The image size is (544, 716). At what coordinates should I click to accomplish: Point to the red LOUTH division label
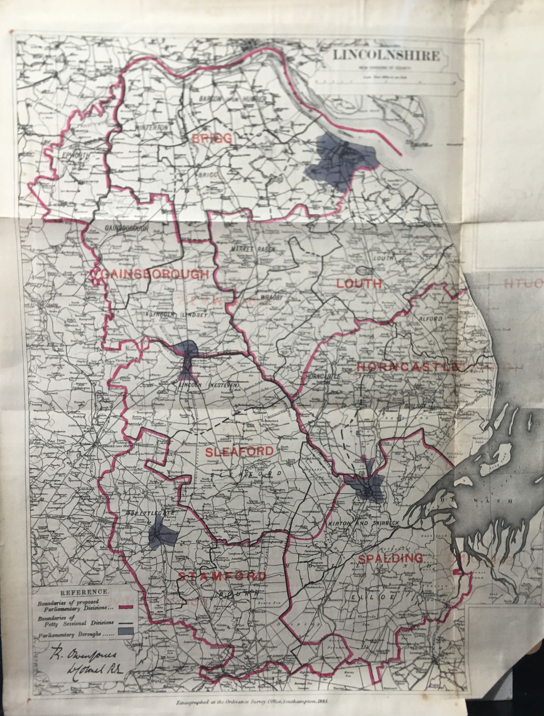[359, 283]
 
